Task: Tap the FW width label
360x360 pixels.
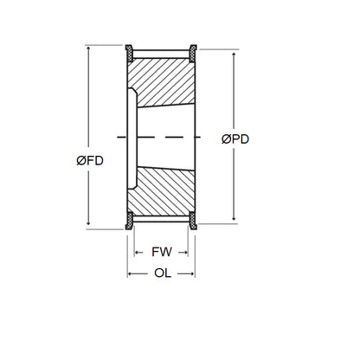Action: click(x=161, y=254)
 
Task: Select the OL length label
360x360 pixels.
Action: click(x=162, y=277)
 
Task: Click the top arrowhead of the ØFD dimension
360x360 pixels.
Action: click(x=89, y=46)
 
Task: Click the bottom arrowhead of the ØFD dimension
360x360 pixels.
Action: click(x=89, y=228)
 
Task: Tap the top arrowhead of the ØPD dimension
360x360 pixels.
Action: click(x=235, y=53)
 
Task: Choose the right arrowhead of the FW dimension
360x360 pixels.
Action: click(x=187, y=254)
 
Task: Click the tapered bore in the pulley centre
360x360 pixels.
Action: click(x=164, y=136)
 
